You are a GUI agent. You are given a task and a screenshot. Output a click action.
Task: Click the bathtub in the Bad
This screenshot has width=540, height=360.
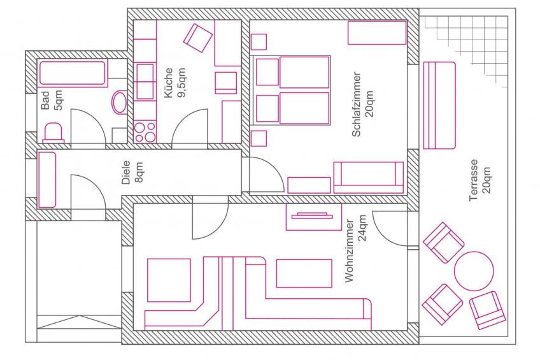coord(73,73)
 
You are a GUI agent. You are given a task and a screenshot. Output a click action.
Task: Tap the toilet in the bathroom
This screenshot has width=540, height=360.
coord(53,133)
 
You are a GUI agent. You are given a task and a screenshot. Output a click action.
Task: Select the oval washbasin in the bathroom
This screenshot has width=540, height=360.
coord(120,102)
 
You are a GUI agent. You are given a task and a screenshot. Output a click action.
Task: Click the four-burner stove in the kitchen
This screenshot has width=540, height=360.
coord(145,132)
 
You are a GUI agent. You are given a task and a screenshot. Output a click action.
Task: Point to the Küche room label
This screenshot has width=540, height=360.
coord(169,83)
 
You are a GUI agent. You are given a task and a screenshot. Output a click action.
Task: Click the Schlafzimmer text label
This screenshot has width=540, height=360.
coord(357,104)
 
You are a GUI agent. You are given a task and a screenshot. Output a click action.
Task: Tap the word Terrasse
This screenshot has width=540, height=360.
coord(474,180)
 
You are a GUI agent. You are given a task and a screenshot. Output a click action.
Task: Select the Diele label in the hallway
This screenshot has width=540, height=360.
coord(127,172)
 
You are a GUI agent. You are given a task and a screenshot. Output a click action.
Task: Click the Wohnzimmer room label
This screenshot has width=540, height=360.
coord(350,251)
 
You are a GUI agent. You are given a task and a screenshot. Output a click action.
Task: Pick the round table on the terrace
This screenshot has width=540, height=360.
coord(474,271)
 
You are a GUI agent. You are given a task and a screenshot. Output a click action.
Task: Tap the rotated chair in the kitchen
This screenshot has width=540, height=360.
coord(198,38)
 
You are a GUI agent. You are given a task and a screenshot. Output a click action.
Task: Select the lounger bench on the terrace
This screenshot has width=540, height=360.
coord(439,105)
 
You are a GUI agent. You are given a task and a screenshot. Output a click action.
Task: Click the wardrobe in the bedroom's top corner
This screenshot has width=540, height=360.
coord(377,32)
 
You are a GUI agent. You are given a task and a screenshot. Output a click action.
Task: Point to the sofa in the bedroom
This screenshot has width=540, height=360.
coord(368,177)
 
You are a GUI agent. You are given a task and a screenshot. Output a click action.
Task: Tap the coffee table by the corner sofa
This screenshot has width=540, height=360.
coord(304,273)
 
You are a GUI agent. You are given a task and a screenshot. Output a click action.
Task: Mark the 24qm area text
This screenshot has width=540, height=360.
coord(362,229)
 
